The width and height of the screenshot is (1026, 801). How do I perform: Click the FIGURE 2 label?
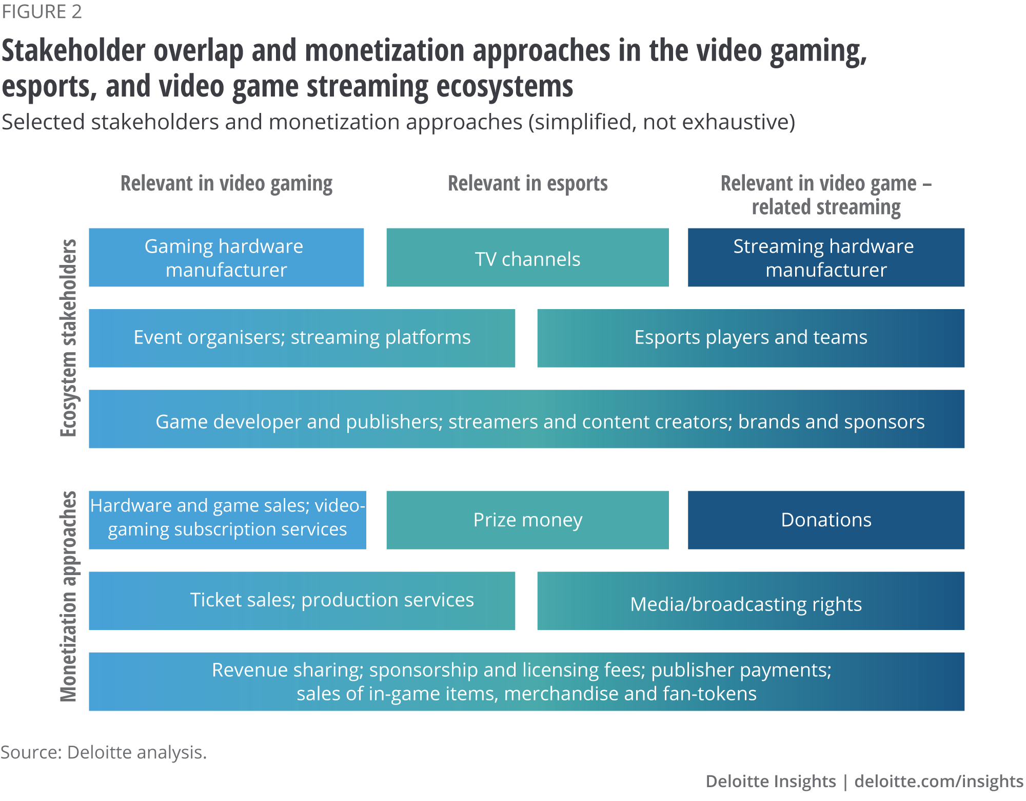(x=42, y=12)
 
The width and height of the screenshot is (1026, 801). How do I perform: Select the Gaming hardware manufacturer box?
(x=226, y=258)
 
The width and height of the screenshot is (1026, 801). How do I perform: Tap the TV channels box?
(x=527, y=258)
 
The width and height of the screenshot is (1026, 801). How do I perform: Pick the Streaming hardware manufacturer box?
(x=826, y=258)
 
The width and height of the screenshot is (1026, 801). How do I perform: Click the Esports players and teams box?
(x=751, y=338)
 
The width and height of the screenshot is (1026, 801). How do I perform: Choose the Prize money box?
(x=527, y=520)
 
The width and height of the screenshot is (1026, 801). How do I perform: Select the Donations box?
(x=826, y=520)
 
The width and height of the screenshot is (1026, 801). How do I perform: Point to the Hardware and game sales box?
(x=227, y=518)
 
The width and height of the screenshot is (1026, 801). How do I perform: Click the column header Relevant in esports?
(x=527, y=183)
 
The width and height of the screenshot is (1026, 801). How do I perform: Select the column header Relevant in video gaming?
(x=226, y=183)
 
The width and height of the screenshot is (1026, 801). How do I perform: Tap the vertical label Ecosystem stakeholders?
(x=68, y=338)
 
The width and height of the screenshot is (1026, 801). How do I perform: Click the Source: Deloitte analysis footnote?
(x=103, y=752)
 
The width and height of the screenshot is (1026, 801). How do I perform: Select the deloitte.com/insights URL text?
(x=939, y=781)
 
